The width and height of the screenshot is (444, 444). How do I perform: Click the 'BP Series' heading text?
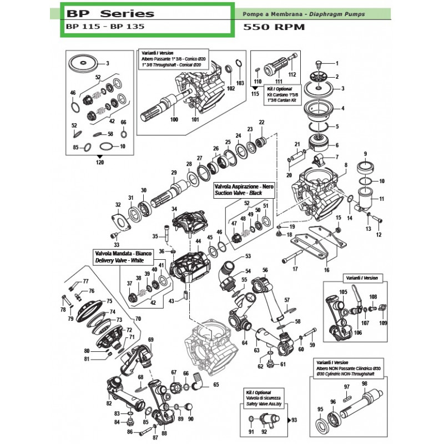click(x=109, y=13)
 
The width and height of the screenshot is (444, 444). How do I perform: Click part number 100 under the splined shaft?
click(x=174, y=120)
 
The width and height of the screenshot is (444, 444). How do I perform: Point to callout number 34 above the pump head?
click(x=174, y=209)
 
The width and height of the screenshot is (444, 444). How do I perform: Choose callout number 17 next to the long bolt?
click(x=295, y=269)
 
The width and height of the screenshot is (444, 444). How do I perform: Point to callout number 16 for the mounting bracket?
click(x=326, y=270)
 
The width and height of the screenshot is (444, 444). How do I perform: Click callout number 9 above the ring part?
click(x=365, y=154)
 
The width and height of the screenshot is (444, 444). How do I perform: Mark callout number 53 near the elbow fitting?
click(x=248, y=256)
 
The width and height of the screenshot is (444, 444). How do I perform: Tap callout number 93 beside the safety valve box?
click(x=294, y=420)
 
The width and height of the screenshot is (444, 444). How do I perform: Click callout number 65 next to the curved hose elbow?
click(x=216, y=385)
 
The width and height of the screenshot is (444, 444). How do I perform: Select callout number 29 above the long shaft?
click(x=174, y=173)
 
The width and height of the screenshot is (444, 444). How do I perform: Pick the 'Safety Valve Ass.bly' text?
click(x=263, y=405)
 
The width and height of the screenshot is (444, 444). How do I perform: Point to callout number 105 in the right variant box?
click(x=343, y=292)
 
